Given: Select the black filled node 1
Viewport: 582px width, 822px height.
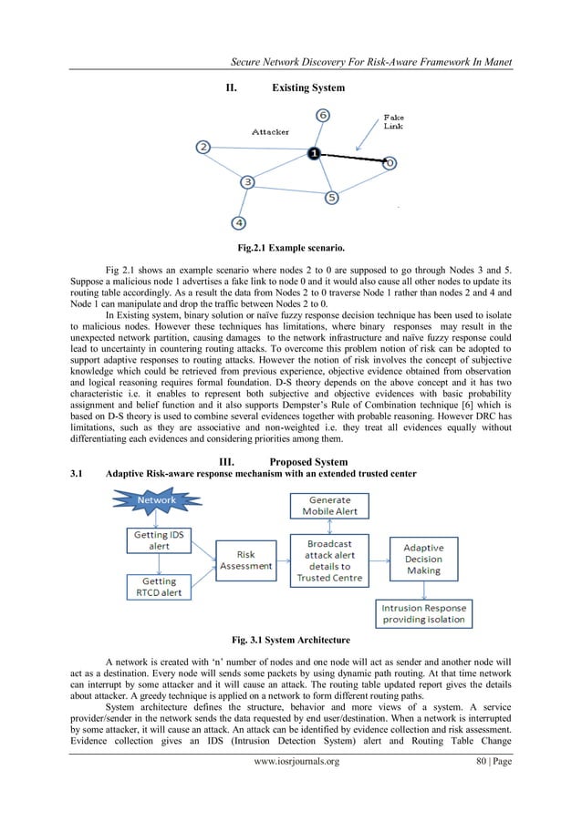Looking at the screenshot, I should pos(313,154).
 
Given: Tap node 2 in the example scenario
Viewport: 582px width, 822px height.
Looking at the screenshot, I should pos(203,147).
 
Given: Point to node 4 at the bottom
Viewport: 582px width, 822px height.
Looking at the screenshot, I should pos(238,221).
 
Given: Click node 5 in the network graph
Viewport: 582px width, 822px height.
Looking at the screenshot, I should pos(332,197).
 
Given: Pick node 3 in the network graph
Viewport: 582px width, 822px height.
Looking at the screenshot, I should pos(247,182).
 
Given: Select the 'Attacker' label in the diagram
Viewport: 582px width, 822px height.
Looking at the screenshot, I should pos(271,132).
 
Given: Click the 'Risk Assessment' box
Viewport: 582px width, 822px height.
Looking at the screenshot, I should pos(245,560).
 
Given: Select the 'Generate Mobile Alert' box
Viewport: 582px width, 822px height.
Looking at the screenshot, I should pos(329,506).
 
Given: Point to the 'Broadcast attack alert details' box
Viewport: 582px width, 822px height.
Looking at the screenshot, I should pos(329,559).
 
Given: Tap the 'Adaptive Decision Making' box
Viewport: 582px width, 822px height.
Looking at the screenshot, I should pos(422,559).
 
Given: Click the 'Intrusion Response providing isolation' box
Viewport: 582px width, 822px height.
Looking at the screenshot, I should pos(423,613).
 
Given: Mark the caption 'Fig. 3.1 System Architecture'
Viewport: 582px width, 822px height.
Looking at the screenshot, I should pos(291,638).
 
